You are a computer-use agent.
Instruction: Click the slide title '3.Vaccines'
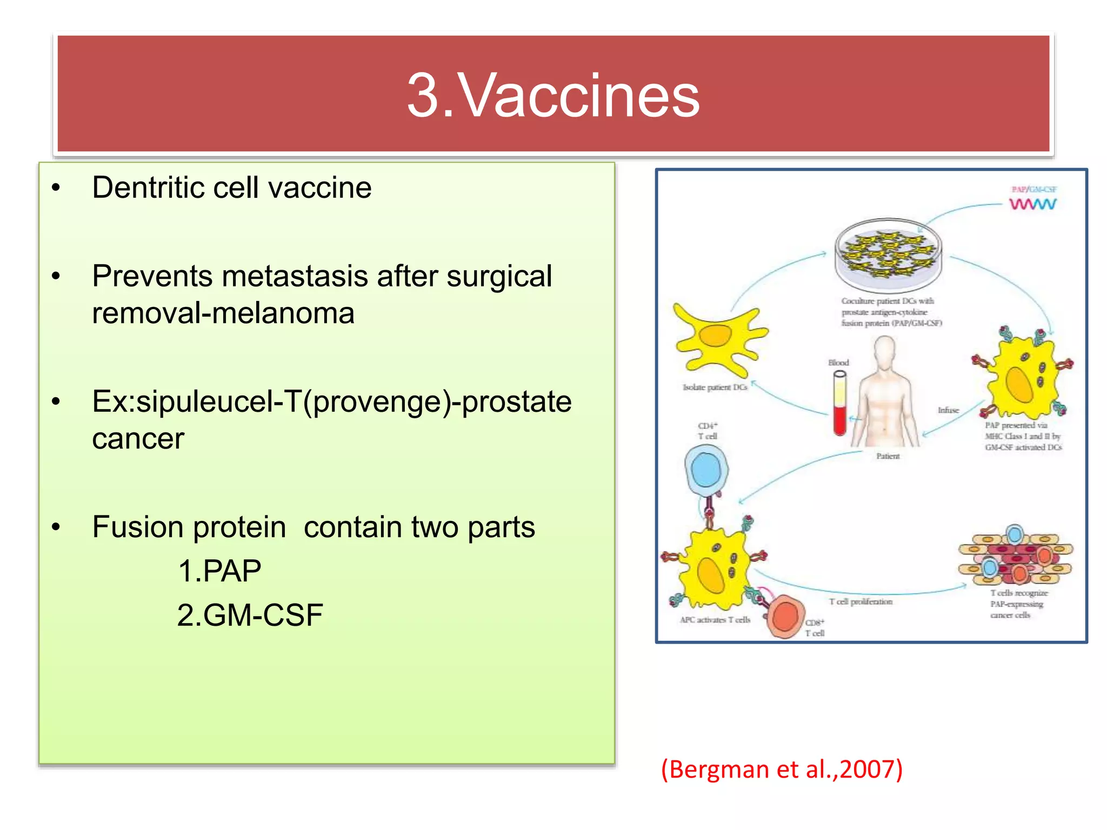click(553, 96)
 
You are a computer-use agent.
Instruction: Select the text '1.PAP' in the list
click(219, 571)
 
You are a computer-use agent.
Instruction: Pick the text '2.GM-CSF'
click(250, 615)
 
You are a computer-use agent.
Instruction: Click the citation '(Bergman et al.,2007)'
click(782, 769)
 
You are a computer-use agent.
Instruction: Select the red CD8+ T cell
click(785, 617)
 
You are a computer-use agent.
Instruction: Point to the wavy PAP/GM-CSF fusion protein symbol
click(1032, 204)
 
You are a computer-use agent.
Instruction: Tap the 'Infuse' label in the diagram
click(948, 410)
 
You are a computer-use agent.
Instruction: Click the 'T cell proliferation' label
click(861, 601)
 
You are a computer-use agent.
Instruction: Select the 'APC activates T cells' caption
click(715, 620)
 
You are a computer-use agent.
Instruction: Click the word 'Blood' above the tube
click(838, 363)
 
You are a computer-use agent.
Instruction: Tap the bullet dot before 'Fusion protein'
click(56, 527)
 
